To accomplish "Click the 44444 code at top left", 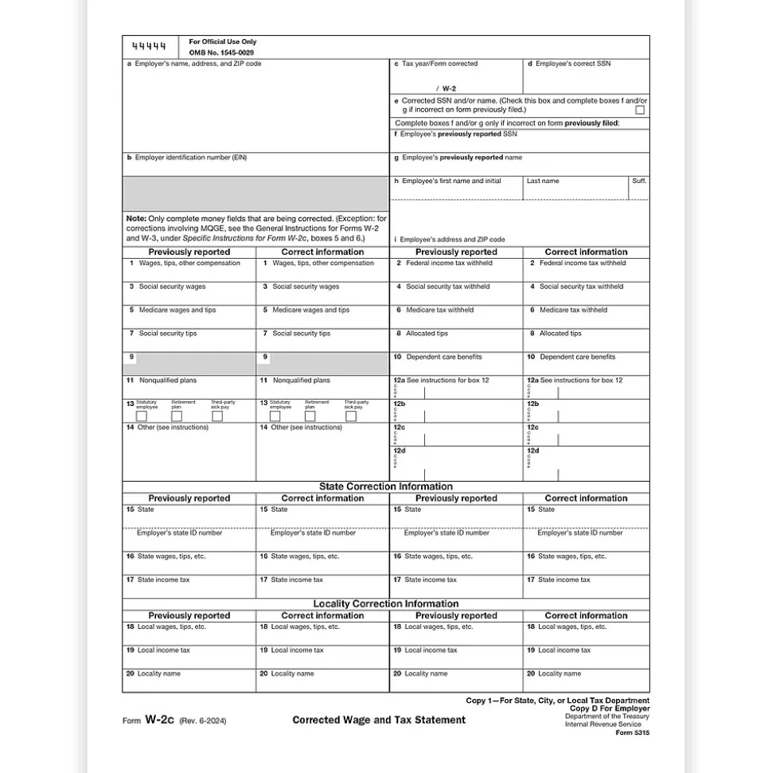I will (149, 46).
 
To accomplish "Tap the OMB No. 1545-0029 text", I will (221, 53).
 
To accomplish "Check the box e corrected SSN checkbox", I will (640, 111).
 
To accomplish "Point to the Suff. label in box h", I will (639, 182).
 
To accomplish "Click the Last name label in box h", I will (543, 182).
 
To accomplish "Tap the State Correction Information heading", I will (386, 486).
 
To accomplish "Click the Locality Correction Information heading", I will (386, 603).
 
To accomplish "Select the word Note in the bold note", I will (135, 218).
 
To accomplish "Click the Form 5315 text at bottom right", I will (633, 733).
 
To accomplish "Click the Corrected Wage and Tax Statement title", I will (379, 720).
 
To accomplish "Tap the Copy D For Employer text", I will (610, 709).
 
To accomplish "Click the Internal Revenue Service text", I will (607, 725).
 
